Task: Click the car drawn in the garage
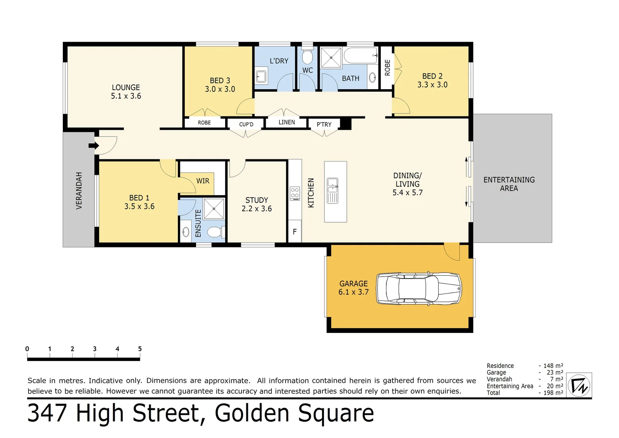[419, 288]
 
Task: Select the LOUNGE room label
[126, 88]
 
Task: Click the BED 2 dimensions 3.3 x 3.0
[432, 85]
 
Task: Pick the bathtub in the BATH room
[361, 56]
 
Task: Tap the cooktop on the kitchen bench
[295, 193]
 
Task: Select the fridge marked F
[295, 232]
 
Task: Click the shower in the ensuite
[214, 209]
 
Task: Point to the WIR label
[203, 181]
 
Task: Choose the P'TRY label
[324, 125]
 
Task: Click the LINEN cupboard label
[287, 122]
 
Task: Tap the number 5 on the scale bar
[140, 349]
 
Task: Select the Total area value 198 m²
[553, 393]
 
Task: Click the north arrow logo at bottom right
[579, 385]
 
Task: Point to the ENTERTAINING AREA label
[509, 184]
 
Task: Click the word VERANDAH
[79, 191]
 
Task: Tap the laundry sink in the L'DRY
[261, 76]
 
